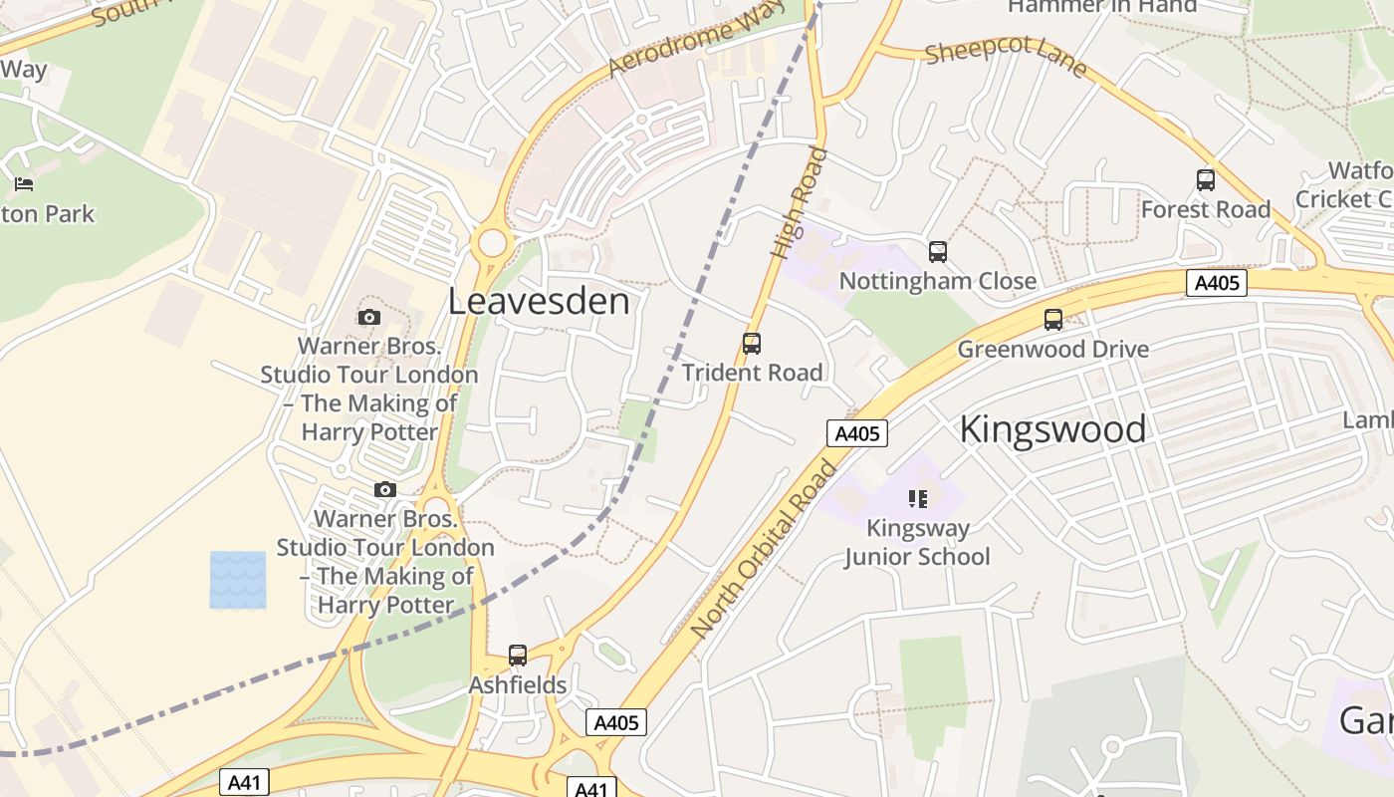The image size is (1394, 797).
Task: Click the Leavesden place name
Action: (539, 301)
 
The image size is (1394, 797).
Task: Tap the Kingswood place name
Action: (1052, 429)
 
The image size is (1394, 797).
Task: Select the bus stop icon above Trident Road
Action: (752, 344)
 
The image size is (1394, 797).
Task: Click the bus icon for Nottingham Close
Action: (937, 252)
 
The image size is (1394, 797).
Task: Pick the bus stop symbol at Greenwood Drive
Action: (1052, 320)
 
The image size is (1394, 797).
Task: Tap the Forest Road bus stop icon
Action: (1205, 180)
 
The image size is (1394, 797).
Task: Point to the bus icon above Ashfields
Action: (517, 656)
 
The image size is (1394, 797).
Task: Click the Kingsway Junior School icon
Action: (917, 498)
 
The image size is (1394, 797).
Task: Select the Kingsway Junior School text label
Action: (917, 542)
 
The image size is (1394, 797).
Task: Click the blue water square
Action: (238, 580)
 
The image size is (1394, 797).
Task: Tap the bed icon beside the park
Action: (24, 183)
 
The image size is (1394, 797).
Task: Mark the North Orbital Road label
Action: (765, 549)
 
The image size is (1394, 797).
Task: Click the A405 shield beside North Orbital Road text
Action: (856, 433)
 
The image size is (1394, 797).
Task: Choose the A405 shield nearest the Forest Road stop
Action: (1217, 283)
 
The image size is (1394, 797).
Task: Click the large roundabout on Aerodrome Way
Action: (492, 242)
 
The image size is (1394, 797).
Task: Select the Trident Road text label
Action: (752, 373)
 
